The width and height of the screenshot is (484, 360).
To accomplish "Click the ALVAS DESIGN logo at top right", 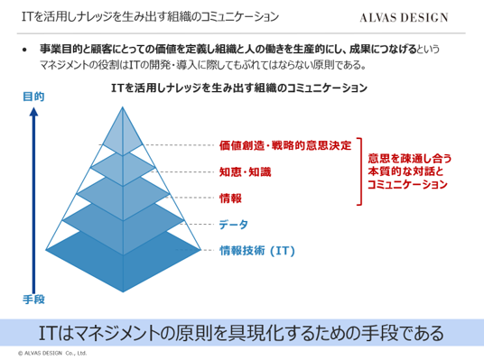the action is tap(404, 17).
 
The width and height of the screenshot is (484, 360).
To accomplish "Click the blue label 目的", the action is tap(33, 97).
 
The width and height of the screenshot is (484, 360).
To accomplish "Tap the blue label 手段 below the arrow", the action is tap(33, 300).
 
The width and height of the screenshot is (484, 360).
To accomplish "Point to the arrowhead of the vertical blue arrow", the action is tap(33, 112).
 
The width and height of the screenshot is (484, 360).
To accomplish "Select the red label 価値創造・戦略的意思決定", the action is tap(285, 145).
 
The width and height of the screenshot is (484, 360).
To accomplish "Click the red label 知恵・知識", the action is tap(245, 171).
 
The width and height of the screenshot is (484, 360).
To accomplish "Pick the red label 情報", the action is tap(230, 198).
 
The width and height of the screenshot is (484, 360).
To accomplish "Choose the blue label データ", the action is tap(233, 225).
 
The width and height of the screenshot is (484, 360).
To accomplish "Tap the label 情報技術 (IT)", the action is tap(257, 251).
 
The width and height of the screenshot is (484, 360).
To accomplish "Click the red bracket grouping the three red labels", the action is tap(360, 171).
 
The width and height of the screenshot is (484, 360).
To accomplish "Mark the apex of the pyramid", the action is tap(123, 106).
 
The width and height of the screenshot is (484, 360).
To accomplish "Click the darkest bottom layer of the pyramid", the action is tap(123, 263).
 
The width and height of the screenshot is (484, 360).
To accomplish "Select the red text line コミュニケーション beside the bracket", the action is tap(407, 184).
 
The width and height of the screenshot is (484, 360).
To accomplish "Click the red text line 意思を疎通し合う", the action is tap(410, 159).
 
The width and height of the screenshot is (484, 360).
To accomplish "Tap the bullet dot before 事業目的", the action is tap(24, 50).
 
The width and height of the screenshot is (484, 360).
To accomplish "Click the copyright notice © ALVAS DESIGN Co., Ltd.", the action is tap(52, 353).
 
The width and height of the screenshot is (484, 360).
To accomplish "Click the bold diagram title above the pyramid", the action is tap(239, 88).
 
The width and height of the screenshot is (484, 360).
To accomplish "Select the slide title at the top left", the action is tap(150, 16).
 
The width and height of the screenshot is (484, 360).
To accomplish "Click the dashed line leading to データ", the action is tap(199, 224).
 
